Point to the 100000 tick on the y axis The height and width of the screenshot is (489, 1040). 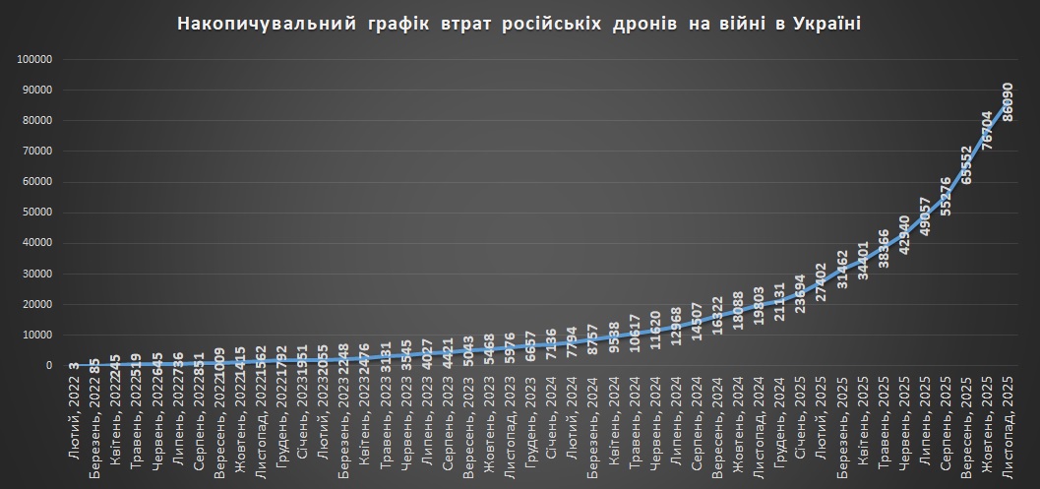pos(34,59)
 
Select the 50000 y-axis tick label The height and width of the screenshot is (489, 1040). pos(36,213)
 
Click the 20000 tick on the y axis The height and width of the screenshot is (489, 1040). pos(36,304)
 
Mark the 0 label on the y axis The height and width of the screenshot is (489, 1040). pos(48,365)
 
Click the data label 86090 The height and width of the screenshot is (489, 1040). pos(1007,102)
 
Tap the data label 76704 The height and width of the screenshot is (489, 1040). pos(986,129)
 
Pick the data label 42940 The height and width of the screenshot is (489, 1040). pos(903,233)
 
